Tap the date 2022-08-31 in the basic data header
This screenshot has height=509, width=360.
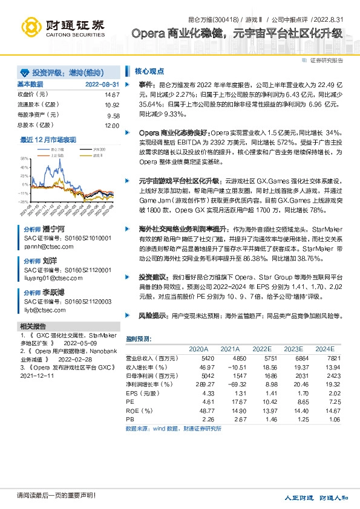(102, 84)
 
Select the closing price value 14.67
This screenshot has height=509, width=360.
(112, 95)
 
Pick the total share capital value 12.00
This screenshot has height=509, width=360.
(112, 125)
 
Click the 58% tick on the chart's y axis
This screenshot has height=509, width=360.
(24, 158)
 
